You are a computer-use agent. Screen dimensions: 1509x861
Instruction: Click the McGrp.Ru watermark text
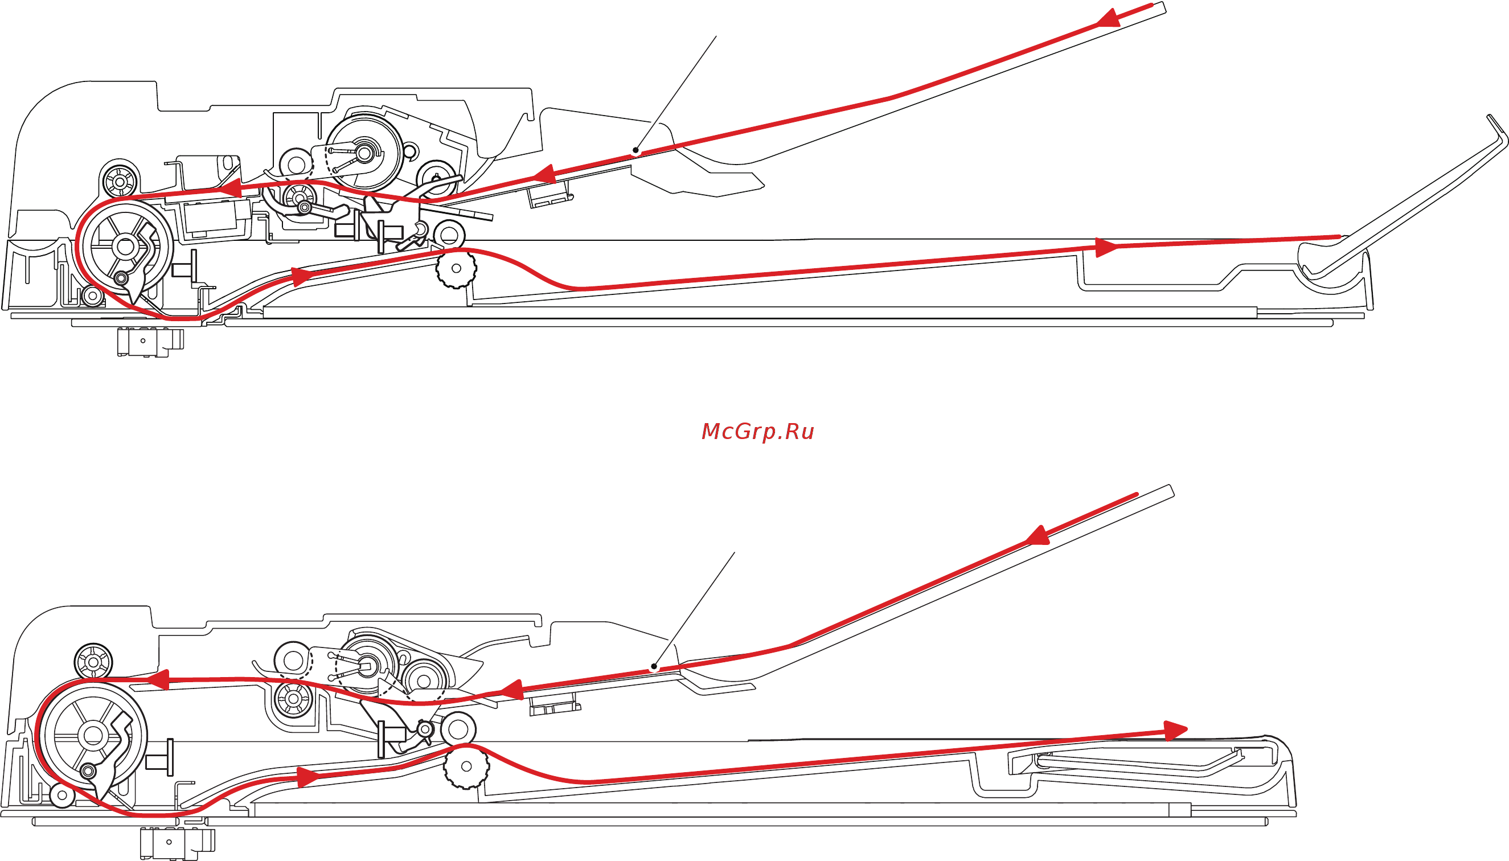click(x=757, y=431)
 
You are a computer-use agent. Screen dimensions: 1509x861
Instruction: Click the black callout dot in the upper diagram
click(x=635, y=150)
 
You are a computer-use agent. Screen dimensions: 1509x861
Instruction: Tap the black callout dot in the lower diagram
click(x=653, y=667)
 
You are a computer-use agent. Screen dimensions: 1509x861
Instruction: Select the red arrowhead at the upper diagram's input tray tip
click(x=1109, y=18)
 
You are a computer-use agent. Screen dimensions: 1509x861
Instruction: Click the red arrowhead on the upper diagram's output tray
click(x=1106, y=247)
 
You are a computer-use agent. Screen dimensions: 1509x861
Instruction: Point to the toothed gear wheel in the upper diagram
click(x=456, y=268)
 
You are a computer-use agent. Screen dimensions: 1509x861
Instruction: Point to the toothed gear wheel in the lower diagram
click(x=466, y=767)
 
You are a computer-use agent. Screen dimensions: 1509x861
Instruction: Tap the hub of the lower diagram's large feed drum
click(x=93, y=736)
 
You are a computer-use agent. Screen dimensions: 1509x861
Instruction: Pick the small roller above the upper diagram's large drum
click(x=120, y=178)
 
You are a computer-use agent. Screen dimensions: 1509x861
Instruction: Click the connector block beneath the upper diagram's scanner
click(x=151, y=342)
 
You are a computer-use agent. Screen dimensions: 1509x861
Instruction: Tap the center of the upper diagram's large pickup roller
click(x=364, y=153)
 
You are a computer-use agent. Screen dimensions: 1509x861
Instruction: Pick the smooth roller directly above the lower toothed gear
click(x=458, y=729)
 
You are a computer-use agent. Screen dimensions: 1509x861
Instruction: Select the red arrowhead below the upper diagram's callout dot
click(x=543, y=174)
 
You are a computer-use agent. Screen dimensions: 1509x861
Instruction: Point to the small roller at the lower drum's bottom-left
click(x=62, y=796)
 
